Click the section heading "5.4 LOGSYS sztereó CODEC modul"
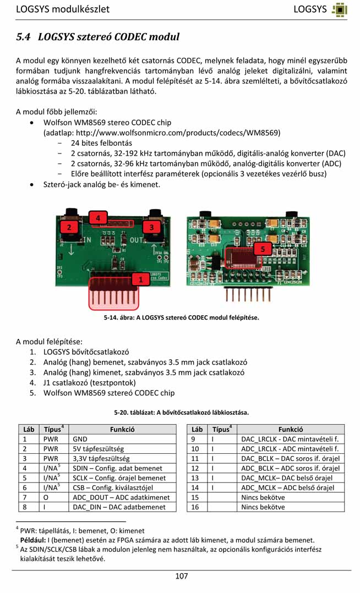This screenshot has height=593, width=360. tap(98, 37)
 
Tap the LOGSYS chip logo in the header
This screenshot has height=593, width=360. tap(340, 9)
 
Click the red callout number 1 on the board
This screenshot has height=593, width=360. tap(141, 279)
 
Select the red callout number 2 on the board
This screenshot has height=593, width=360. tap(69, 227)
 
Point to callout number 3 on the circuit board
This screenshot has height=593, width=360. tap(151, 227)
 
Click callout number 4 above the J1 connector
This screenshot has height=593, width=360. tap(98, 218)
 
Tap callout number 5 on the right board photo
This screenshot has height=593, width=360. tap(263, 249)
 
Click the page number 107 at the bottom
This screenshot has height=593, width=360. tap(181, 576)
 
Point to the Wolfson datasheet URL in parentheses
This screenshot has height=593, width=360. tap(162, 133)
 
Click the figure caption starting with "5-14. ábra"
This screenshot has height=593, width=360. tap(181, 317)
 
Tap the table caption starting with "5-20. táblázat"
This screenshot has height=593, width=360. tap(181, 412)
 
